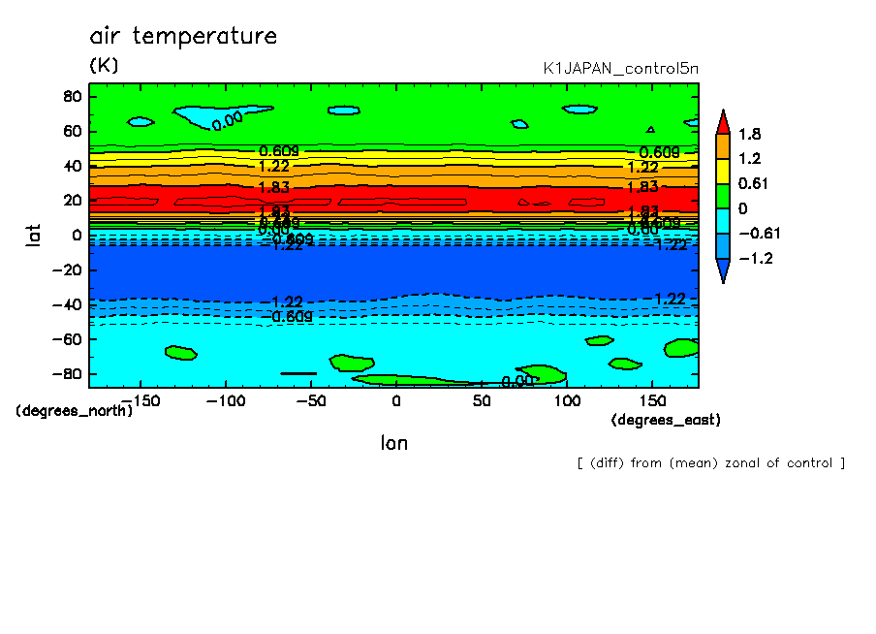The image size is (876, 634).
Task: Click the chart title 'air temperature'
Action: (x=183, y=37)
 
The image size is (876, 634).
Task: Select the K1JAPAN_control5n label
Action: (x=620, y=69)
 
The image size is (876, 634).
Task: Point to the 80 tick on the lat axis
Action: (x=71, y=96)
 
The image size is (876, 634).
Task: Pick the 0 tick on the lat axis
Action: (x=75, y=235)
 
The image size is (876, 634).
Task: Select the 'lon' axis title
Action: (x=393, y=443)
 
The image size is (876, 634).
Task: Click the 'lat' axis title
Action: (x=34, y=233)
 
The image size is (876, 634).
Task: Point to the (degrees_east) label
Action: (x=666, y=420)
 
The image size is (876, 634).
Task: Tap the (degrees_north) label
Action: (x=75, y=410)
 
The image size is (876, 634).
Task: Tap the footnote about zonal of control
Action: (x=710, y=462)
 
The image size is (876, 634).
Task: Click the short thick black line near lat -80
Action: (x=298, y=373)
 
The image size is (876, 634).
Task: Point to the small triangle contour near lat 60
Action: (x=651, y=129)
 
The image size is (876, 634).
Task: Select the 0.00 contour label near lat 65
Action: (x=227, y=120)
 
